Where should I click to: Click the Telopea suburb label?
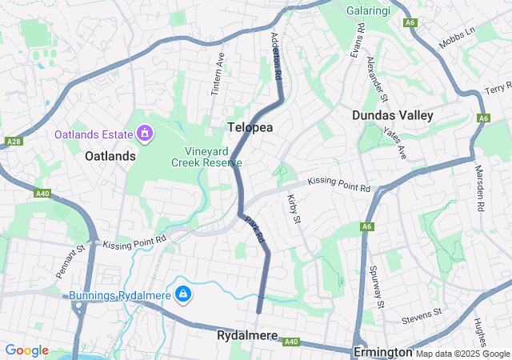(x=252, y=128)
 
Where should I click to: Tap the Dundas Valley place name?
(x=393, y=115)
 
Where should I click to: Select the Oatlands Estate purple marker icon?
(x=145, y=133)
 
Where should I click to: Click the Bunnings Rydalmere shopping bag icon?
(x=184, y=295)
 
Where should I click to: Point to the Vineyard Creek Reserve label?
(x=206, y=156)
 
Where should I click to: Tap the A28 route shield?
(x=13, y=142)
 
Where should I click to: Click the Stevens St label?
(x=423, y=312)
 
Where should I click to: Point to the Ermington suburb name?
(x=383, y=352)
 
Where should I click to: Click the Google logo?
(x=27, y=350)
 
